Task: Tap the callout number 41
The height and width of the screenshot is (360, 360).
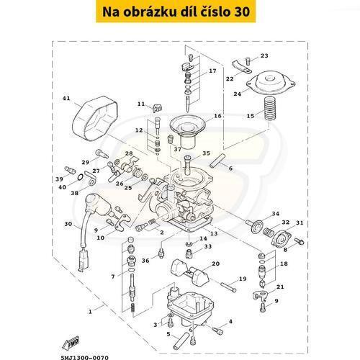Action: coord(66,98)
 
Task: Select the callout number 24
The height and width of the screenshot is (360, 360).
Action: coord(237,94)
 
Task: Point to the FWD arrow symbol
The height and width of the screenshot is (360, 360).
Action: coord(71,343)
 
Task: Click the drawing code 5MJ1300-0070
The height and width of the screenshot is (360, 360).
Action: coord(85,358)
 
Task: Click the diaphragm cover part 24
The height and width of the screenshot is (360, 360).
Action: coord(271,81)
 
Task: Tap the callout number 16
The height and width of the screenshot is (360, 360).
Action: coord(217,116)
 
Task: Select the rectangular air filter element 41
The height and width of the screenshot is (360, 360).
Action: coord(95,117)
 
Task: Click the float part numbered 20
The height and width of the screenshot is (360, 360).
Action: coord(189,271)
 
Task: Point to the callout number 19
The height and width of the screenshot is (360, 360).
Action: coord(243,279)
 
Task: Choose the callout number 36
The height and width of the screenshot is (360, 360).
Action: coord(145,261)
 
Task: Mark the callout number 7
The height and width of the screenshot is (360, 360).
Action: coord(113,276)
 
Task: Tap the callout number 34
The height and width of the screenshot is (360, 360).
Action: coord(276,214)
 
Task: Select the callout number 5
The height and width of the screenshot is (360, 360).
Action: coord(168,334)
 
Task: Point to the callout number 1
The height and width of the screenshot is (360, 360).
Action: coord(90,312)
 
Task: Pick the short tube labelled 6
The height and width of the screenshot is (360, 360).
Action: coord(217,160)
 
